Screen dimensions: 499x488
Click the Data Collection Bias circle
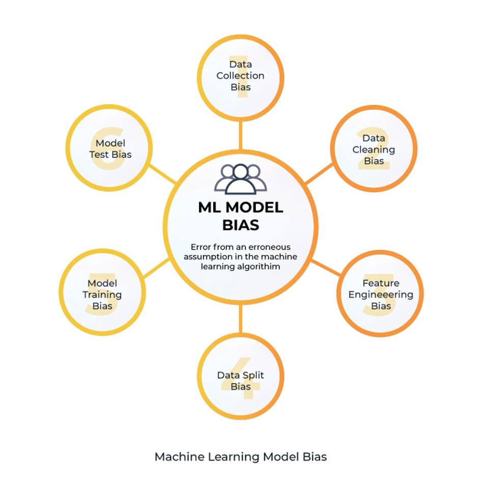pyautogui.click(x=240, y=77)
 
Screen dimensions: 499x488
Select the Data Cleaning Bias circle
pyautogui.click(x=374, y=149)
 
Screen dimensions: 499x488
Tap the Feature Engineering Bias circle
pyautogui.click(x=380, y=293)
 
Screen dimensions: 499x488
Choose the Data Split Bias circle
pyautogui.click(x=240, y=376)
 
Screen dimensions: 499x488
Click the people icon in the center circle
pyautogui.click(x=240, y=179)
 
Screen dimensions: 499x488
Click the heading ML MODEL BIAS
pyautogui.click(x=240, y=216)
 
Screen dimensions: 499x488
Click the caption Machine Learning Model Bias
pyautogui.click(x=240, y=457)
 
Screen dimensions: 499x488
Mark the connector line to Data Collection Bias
pyautogui.click(x=240, y=135)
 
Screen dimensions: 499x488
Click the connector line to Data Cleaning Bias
pyautogui.click(x=319, y=173)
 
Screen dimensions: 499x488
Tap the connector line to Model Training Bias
pyautogui.click(x=156, y=268)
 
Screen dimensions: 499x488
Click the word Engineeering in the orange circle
pyautogui.click(x=381, y=295)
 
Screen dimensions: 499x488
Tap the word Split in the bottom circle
pyautogui.click(x=253, y=375)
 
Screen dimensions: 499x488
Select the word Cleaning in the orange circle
pyautogui.click(x=374, y=150)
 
